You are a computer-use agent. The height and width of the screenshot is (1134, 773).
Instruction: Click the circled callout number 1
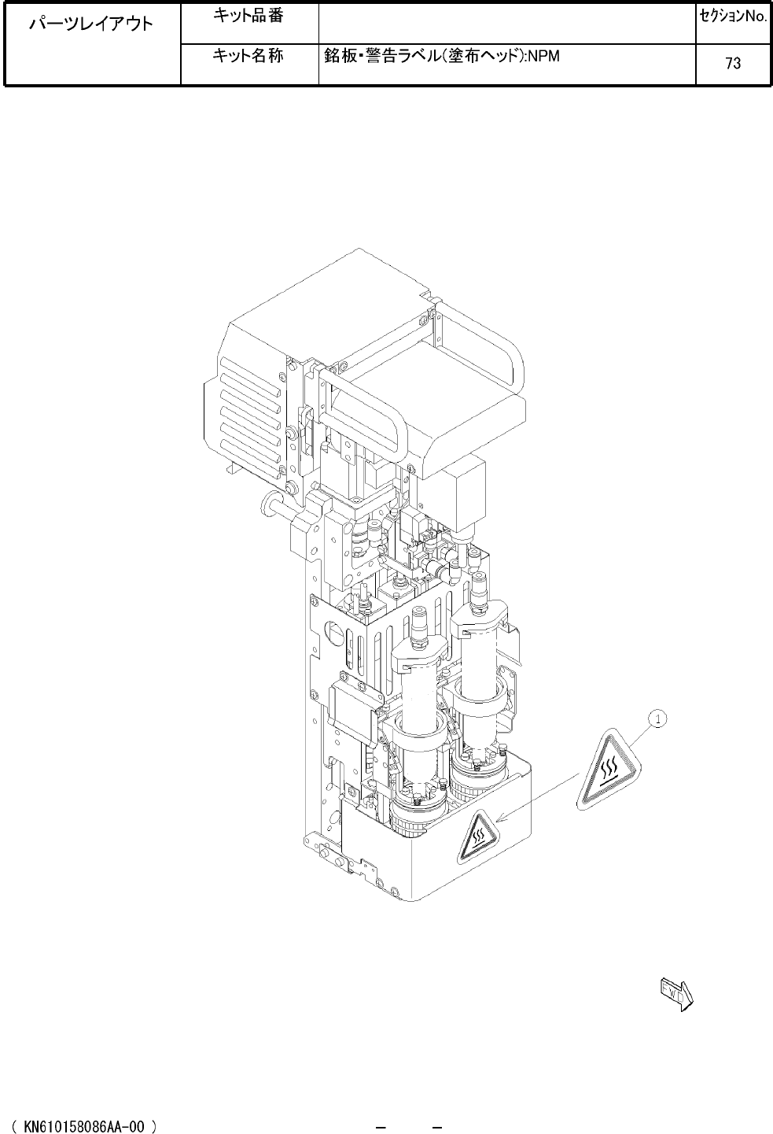tap(657, 718)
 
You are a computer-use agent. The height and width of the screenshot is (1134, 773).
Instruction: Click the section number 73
tap(733, 63)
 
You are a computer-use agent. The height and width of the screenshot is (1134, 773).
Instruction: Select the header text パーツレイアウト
tap(91, 24)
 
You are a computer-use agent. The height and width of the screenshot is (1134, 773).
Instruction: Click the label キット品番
tap(248, 16)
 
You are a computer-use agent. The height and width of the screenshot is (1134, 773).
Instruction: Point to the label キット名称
tap(248, 55)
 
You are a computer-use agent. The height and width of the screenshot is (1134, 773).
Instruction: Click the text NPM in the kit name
tap(544, 56)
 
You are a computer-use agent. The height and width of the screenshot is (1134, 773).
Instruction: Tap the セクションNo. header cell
tap(734, 17)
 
